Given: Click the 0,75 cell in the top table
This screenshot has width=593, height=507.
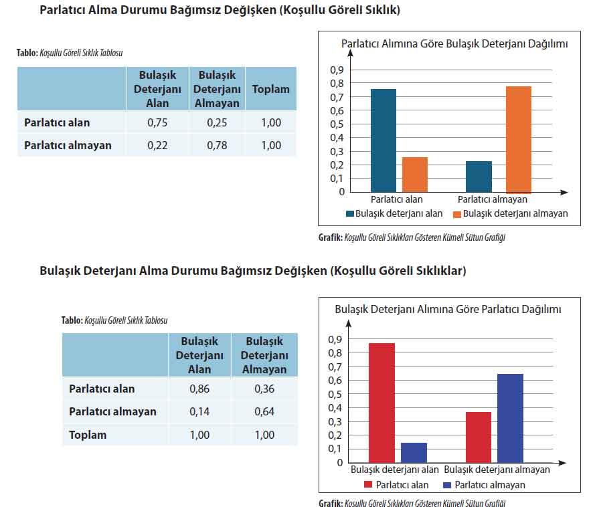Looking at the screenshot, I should coord(157,122).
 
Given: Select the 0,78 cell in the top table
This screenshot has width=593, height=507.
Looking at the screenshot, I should coord(218,145).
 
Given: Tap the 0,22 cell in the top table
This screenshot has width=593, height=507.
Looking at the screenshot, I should coord(157,145).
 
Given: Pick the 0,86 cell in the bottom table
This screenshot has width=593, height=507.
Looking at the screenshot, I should coord(199,389).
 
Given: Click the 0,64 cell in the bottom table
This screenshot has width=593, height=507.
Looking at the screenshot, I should coord(264,411).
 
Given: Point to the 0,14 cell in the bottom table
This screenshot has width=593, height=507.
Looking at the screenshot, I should coord(199,411).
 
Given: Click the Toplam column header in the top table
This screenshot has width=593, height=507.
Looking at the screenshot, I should coord(271,89).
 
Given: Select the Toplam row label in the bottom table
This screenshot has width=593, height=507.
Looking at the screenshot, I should coord(88,435).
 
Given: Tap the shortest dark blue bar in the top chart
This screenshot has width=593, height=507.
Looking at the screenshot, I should coord(479,177).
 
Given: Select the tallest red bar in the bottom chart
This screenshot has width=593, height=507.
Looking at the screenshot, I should coord(382,403).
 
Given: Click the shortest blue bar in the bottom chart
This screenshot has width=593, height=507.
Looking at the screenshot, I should coord(414,452).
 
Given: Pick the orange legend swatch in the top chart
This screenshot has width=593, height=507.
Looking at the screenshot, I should coord(457,214).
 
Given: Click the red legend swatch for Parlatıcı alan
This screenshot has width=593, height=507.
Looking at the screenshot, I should coord(368,485).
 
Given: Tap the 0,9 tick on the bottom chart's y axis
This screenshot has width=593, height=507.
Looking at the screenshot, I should coord(335,339).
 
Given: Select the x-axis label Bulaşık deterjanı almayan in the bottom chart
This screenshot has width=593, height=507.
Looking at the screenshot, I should coord(497,470).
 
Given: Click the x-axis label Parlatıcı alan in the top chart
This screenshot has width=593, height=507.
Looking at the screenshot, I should coord(397,199).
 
